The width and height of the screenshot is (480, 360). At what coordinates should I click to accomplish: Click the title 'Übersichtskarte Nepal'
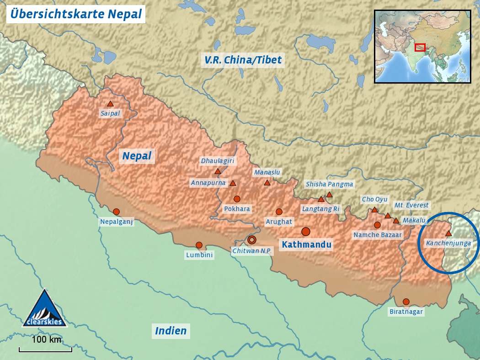[x=76, y=14]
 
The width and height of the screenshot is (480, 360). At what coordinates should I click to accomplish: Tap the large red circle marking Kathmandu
[x=306, y=232]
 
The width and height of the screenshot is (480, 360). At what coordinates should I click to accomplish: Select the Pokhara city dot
[x=237, y=199]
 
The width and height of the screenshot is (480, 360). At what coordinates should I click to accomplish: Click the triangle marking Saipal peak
[x=110, y=104]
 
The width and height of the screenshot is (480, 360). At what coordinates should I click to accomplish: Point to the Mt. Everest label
[x=411, y=206]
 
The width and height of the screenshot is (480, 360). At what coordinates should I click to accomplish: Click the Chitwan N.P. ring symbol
[x=252, y=240]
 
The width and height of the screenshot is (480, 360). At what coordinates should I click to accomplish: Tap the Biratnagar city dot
[x=406, y=302]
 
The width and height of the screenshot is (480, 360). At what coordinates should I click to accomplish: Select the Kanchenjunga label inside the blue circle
[x=448, y=244]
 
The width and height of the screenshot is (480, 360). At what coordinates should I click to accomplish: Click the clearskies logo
[x=45, y=309]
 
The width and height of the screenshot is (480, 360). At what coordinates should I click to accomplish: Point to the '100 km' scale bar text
[x=46, y=339]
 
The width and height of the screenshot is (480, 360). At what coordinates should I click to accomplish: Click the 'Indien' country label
[x=171, y=331]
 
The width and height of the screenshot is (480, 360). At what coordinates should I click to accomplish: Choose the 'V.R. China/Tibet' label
[x=243, y=60]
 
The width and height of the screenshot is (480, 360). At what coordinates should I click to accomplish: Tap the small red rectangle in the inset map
[x=420, y=47]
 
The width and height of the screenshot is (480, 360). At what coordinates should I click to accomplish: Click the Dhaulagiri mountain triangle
[x=218, y=171]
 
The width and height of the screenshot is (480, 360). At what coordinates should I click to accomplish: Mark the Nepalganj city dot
[x=116, y=212]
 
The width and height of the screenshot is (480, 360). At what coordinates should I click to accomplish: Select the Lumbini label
[x=199, y=255]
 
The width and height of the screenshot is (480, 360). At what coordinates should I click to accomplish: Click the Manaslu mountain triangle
[x=267, y=183]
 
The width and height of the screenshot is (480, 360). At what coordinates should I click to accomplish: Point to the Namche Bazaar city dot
[x=377, y=225]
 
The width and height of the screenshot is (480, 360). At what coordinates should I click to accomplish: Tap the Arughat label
[x=279, y=222]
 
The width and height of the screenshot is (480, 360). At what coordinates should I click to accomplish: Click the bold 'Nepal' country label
[x=137, y=156]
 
